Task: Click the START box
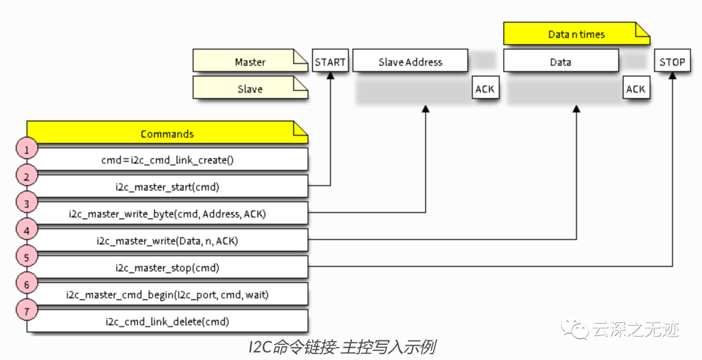(330, 62)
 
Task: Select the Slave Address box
(410, 62)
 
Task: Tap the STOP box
(672, 62)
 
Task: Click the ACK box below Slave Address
(485, 89)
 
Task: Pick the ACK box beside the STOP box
(635, 89)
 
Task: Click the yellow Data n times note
(577, 34)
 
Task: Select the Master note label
(250, 62)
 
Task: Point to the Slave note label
(250, 89)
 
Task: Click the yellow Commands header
(167, 133)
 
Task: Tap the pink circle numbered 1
(27, 149)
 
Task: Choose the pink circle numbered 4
(27, 231)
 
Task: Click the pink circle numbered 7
(27, 311)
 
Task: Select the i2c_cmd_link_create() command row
(167, 160)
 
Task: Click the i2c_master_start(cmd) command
(167, 187)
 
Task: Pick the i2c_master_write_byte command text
(167, 213)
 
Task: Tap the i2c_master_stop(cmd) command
(167, 267)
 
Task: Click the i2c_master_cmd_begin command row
(167, 294)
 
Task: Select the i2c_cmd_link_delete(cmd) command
(167, 321)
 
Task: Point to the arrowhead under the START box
(330, 76)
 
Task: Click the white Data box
(560, 62)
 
